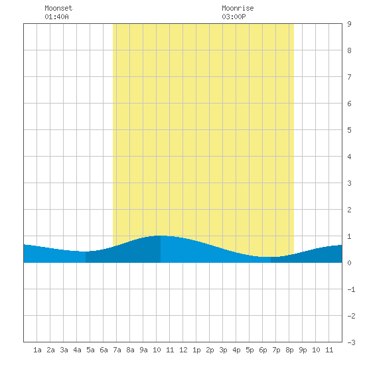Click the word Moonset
(x=58, y=8)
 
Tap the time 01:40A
(x=56, y=17)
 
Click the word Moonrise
(x=238, y=8)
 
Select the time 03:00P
(x=234, y=17)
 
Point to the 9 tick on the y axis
(x=349, y=24)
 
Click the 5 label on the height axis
(x=349, y=130)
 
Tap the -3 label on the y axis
(x=351, y=342)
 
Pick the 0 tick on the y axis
(x=349, y=263)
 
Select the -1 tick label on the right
(x=351, y=289)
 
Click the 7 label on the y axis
(x=349, y=77)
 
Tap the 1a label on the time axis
(x=37, y=350)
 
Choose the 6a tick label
(x=104, y=350)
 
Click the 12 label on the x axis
(x=183, y=350)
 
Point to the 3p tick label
(x=223, y=350)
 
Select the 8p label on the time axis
(x=289, y=350)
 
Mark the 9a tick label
(x=143, y=350)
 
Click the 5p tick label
(x=250, y=350)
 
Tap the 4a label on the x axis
(x=77, y=350)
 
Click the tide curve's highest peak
(x=161, y=236)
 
